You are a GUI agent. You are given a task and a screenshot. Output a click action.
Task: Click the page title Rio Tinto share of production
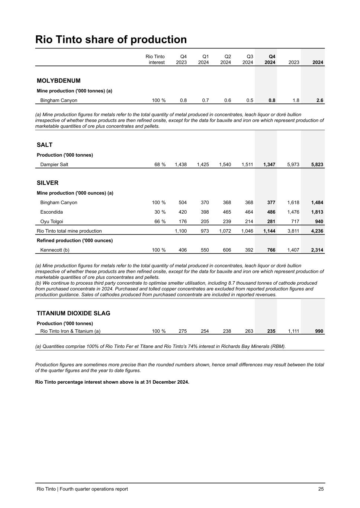pos(111,40)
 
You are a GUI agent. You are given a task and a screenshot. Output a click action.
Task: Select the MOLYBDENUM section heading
pos(58,81)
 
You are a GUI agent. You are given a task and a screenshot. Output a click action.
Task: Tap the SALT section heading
pos(45,145)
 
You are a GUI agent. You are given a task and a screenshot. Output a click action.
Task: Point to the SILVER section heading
pos(48,183)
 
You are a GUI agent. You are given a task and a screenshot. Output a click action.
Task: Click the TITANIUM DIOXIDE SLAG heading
pos(73,313)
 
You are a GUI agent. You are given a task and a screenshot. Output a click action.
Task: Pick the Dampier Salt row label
pos(54,164)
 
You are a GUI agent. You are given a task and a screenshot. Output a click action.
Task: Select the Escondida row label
pos(52,212)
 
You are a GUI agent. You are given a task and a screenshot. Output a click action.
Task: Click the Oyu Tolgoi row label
pos(52,222)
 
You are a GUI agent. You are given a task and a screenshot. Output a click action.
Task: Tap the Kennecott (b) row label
pos(55,250)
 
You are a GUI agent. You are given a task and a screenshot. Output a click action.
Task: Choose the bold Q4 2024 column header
pos(270,60)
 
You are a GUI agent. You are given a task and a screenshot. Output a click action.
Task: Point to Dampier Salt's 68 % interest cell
pos(160,164)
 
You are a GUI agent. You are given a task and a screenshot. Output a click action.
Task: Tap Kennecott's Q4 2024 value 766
pos(271,250)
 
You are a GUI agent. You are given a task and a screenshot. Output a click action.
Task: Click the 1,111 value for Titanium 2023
pos(293,331)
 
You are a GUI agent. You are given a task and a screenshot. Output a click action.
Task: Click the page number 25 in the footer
pos(321,489)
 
